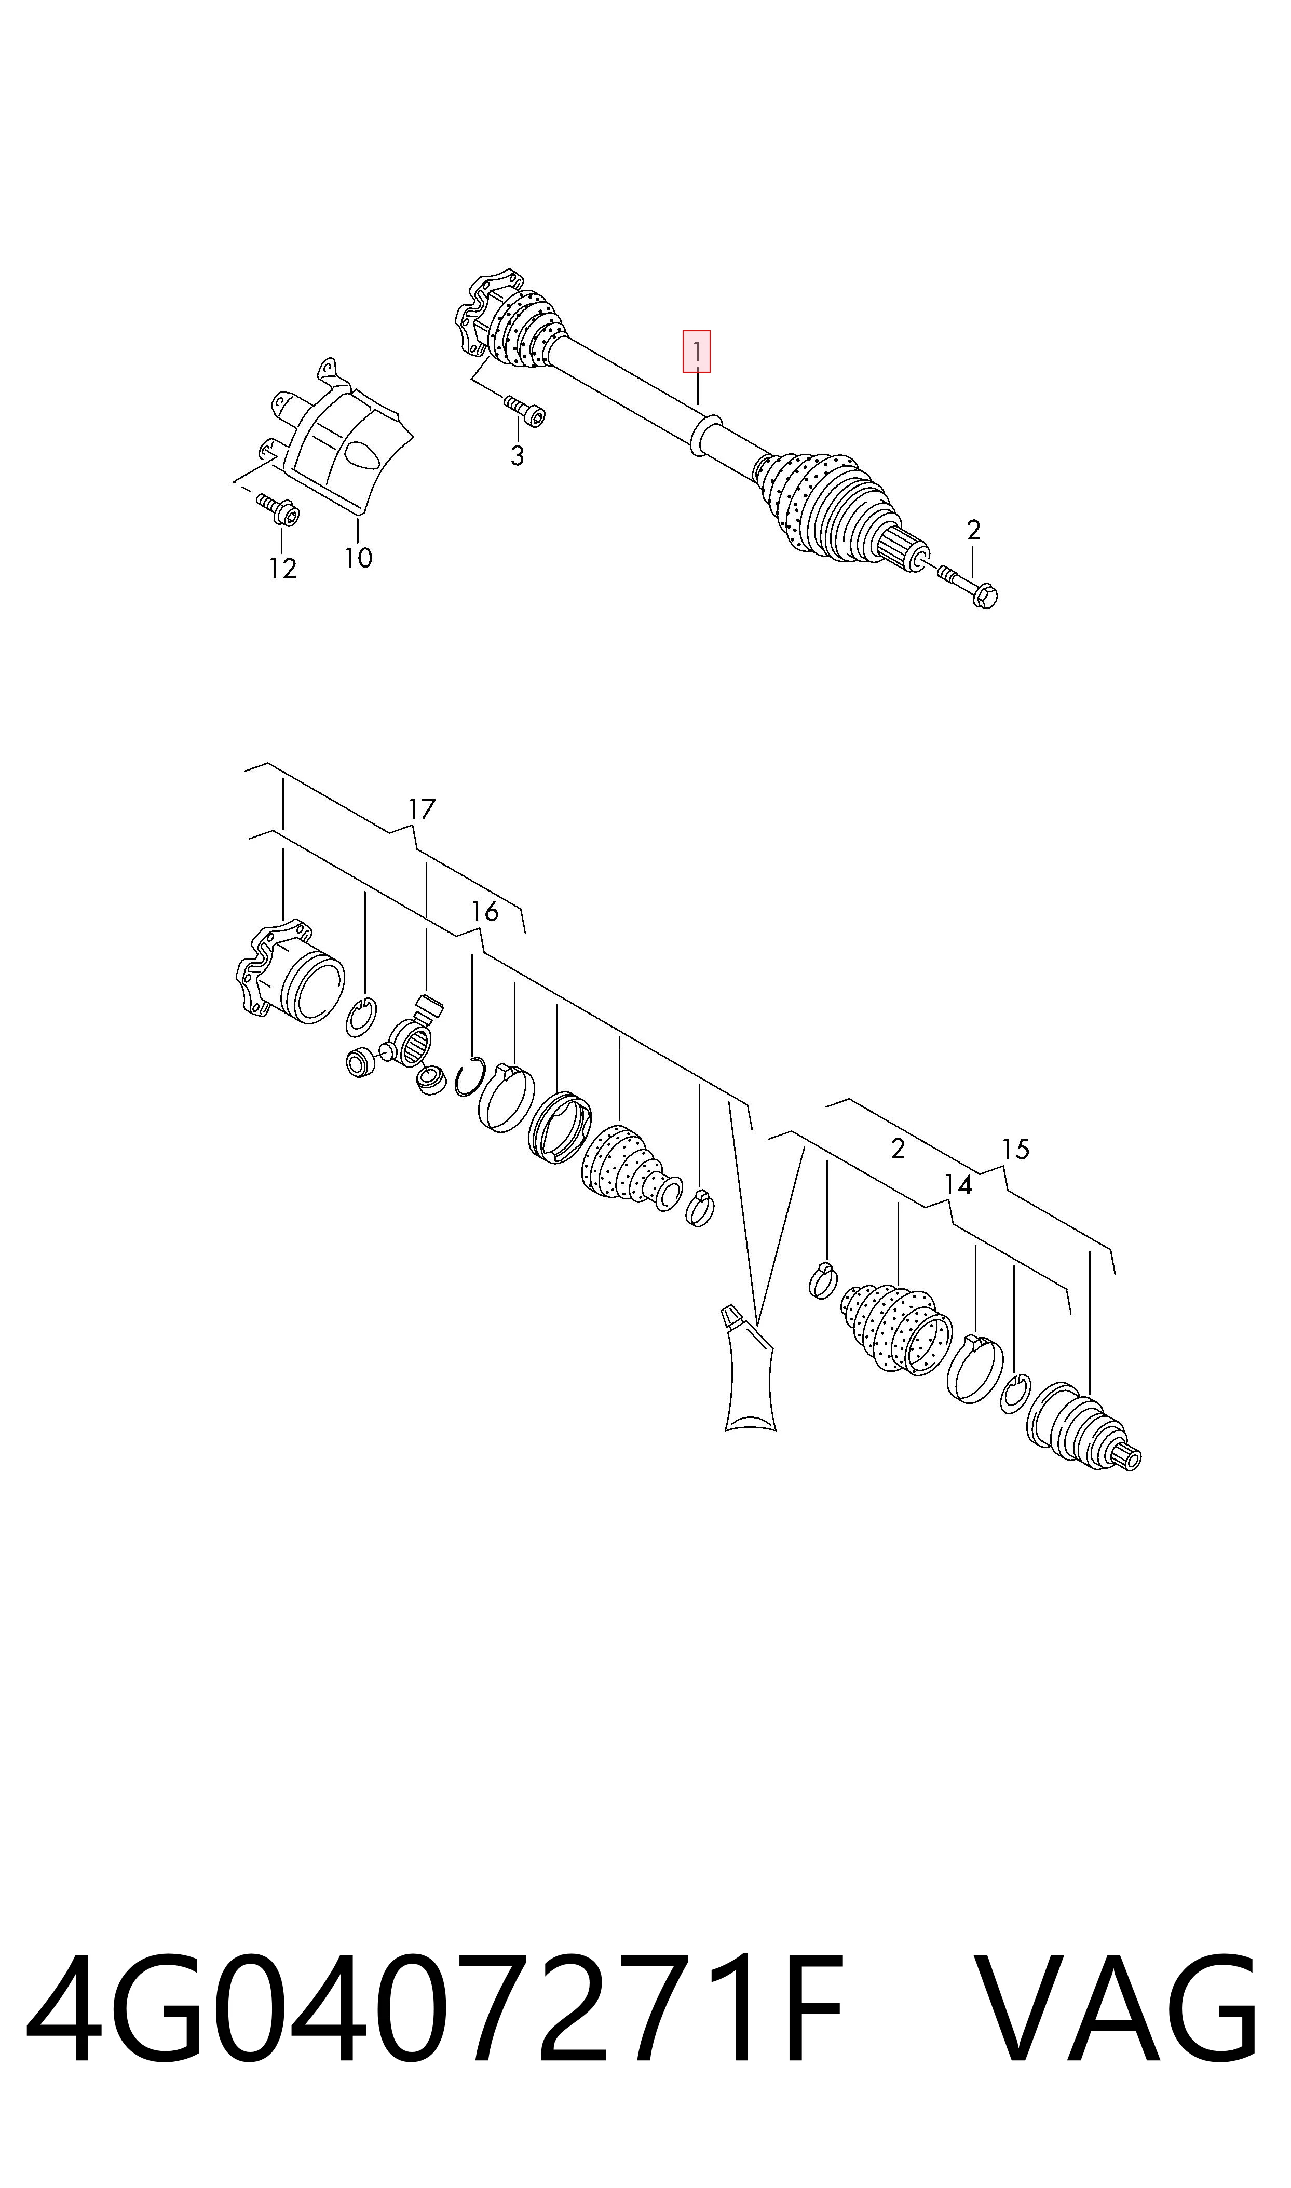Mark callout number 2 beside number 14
pyautogui.click(x=898, y=1149)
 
